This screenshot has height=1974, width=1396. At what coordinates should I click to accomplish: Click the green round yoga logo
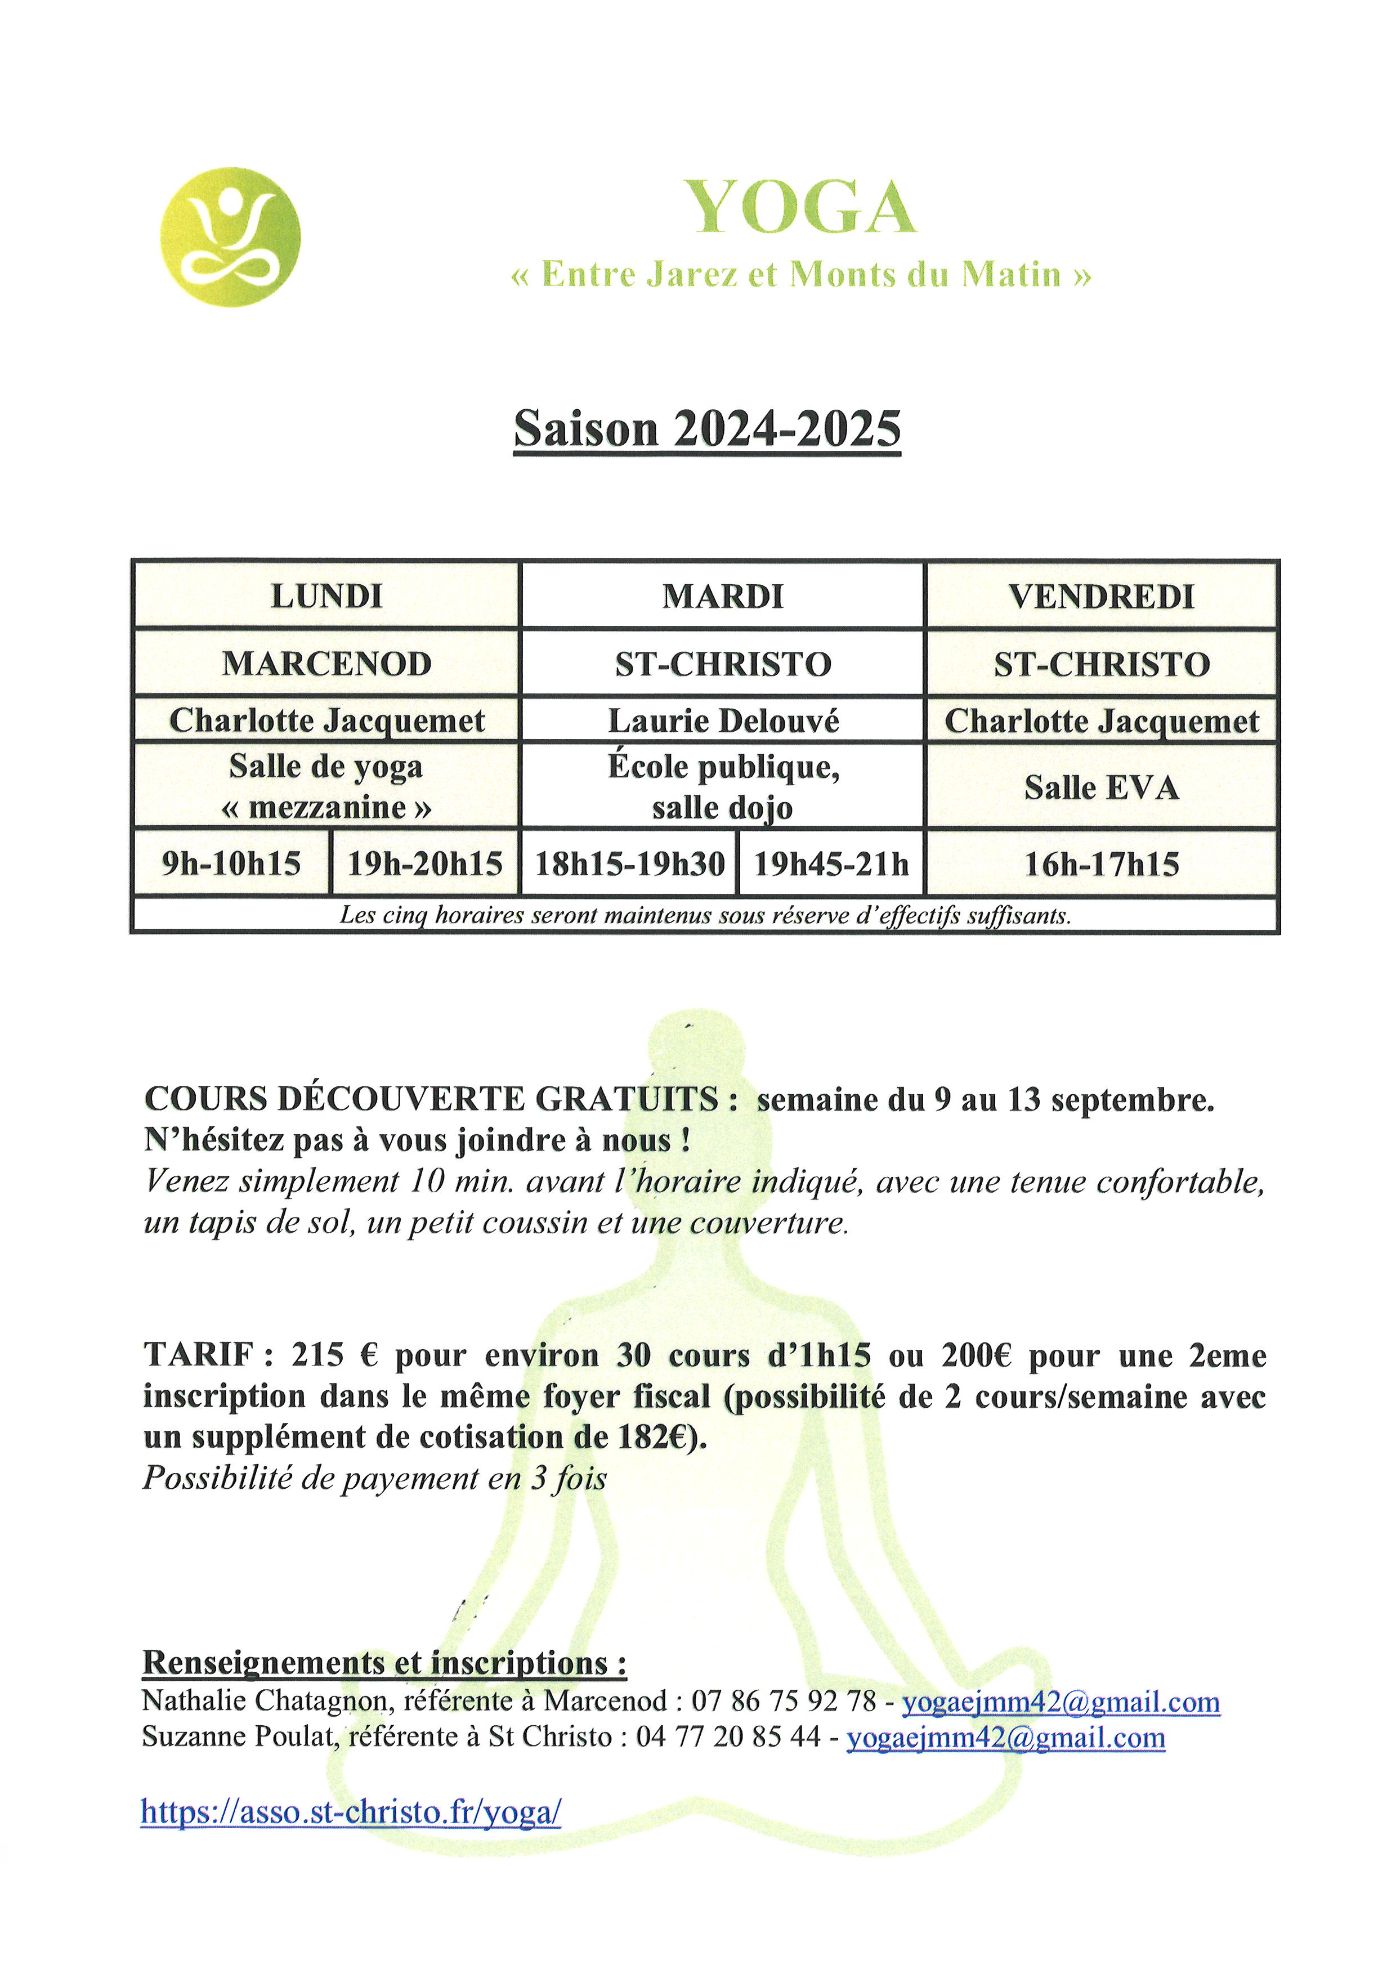click(230, 238)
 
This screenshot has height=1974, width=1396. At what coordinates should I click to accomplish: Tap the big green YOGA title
click(799, 208)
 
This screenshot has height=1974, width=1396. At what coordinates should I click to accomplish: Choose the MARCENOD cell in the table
click(326, 664)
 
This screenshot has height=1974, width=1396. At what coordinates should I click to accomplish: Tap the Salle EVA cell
click(1101, 787)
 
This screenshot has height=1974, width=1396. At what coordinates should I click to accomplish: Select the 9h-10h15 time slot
click(231, 863)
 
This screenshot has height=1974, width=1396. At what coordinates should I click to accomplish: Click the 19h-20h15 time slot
click(424, 863)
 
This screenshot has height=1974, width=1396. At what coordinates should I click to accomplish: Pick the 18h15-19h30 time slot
click(630, 863)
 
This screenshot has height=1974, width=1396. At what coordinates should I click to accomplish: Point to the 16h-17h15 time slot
click(1101, 863)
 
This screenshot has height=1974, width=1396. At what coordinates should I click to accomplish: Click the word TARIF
click(198, 1355)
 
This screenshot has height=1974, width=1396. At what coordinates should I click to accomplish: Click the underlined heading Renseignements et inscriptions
click(384, 1662)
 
